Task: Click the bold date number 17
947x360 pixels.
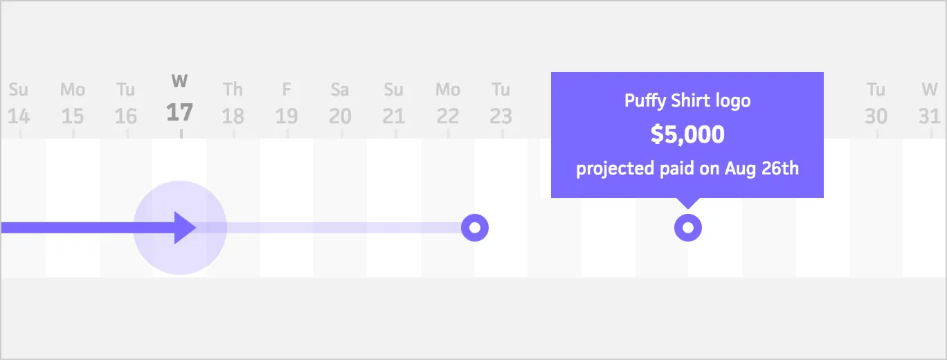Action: pyautogui.click(x=179, y=111)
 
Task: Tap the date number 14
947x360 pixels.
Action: pyautogui.click(x=19, y=116)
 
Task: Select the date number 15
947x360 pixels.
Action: pyautogui.click(x=72, y=116)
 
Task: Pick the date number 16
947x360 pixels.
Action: pyautogui.click(x=125, y=116)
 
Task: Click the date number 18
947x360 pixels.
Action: pyautogui.click(x=233, y=116)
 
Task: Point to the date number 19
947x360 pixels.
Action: pyautogui.click(x=287, y=116)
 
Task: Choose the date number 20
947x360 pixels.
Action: pyautogui.click(x=340, y=116)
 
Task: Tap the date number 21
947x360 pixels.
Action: pyautogui.click(x=393, y=116)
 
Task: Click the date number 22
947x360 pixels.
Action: pyautogui.click(x=447, y=116)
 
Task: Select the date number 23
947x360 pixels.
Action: pyautogui.click(x=500, y=116)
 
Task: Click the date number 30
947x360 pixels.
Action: pyautogui.click(x=876, y=116)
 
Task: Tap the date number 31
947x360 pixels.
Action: pyautogui.click(x=929, y=116)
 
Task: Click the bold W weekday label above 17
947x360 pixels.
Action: pyautogui.click(x=179, y=82)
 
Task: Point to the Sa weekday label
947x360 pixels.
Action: pyautogui.click(x=340, y=90)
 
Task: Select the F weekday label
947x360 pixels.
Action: pyautogui.click(x=287, y=90)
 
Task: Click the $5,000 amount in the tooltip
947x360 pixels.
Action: pyautogui.click(x=687, y=135)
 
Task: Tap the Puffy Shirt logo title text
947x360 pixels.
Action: pyautogui.click(x=687, y=101)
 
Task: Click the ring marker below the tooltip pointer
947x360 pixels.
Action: pyautogui.click(x=687, y=227)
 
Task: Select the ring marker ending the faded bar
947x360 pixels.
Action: pyautogui.click(x=474, y=227)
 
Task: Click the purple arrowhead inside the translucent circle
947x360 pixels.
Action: pyautogui.click(x=184, y=227)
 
